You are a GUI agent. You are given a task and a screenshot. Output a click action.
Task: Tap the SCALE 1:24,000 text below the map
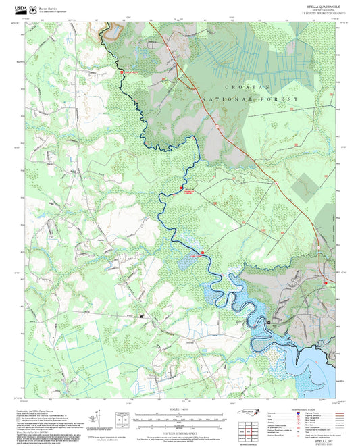point(180,409)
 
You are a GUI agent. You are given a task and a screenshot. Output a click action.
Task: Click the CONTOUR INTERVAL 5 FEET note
point(180,427)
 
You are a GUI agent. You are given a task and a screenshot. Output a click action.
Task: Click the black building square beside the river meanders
point(269,323)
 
